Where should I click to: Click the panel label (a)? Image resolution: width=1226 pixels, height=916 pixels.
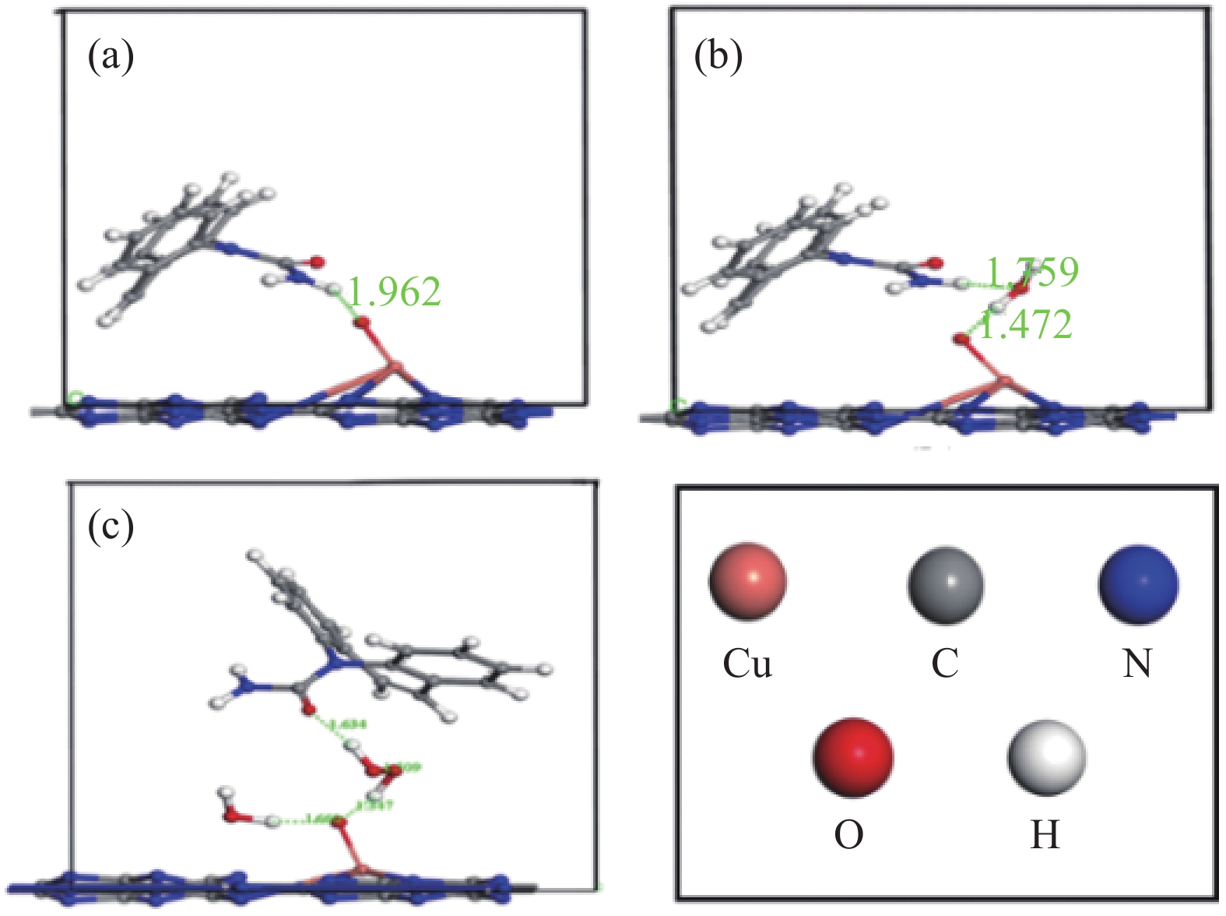click(110, 57)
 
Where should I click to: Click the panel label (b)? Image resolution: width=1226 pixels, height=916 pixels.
click(718, 57)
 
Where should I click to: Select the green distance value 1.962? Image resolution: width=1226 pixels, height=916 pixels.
click(394, 292)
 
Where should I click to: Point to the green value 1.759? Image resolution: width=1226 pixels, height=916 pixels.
click(1033, 272)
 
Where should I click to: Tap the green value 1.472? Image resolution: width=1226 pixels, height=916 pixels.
click(1025, 324)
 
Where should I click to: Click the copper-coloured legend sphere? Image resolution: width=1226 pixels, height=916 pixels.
click(747, 581)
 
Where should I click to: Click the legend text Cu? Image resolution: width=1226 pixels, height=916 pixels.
click(747, 664)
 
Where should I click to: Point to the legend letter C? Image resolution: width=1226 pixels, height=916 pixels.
click(945, 664)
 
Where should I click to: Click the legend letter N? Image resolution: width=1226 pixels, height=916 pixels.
click(1137, 664)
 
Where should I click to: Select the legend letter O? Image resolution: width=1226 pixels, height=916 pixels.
click(848, 836)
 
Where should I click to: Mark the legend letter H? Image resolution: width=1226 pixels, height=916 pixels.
click(1045, 836)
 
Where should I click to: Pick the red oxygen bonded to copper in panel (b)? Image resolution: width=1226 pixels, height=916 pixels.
click(963, 339)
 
